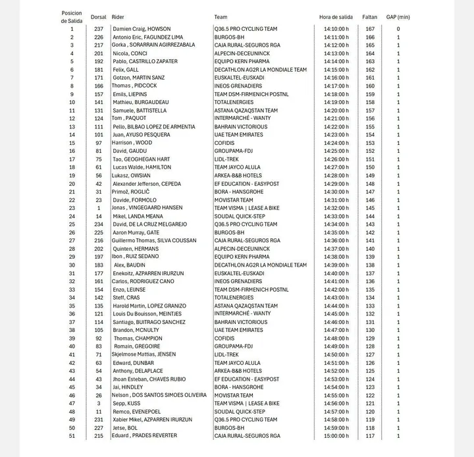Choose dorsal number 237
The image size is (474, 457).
coord(99,29)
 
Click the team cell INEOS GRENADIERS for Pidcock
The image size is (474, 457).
coord(238,86)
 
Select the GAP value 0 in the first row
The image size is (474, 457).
coord(398,29)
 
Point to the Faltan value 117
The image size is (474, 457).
coord(369,436)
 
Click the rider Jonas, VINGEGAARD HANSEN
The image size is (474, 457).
coord(147,208)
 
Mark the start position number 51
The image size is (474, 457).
coord(72,436)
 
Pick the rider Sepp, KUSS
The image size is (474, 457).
coord(128,404)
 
